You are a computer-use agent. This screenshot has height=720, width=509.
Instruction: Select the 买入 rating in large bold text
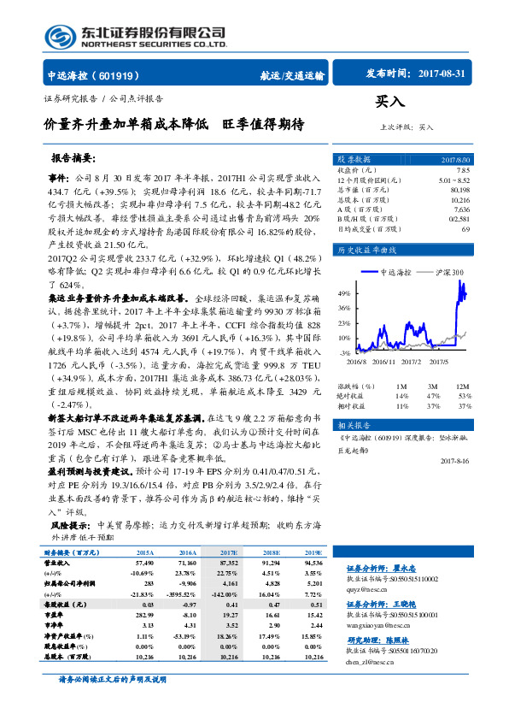[389, 100]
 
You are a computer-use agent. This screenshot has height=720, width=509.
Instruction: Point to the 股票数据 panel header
[354, 160]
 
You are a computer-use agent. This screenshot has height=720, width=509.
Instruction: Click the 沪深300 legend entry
[449, 272]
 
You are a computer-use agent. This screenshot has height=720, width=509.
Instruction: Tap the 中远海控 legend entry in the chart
[395, 272]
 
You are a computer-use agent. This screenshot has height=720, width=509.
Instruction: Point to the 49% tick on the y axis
[344, 292]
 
